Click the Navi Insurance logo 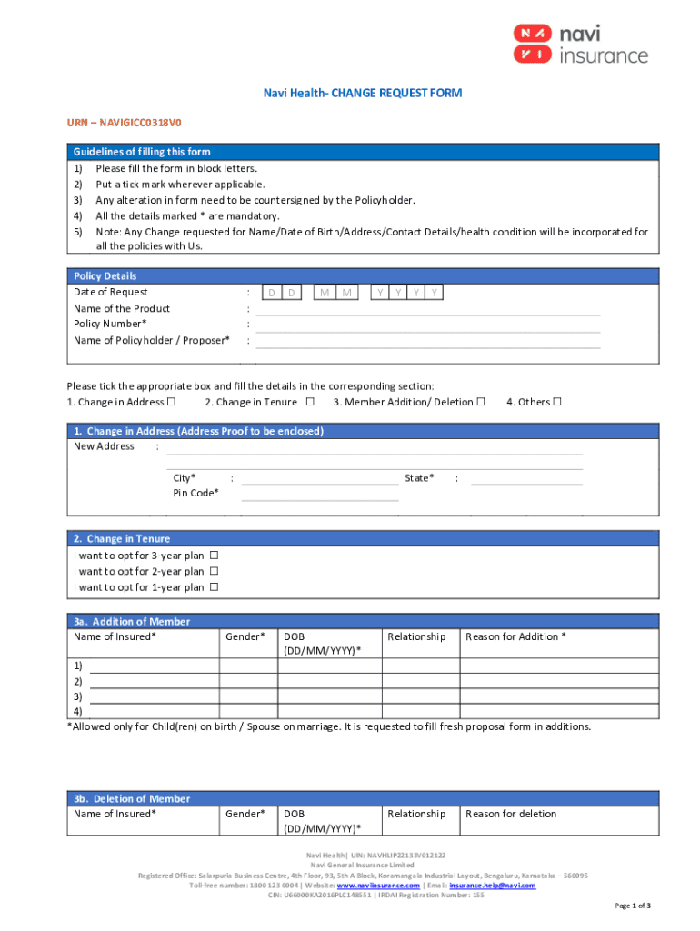pyautogui.click(x=579, y=44)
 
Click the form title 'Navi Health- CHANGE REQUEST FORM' pyautogui.click(x=349, y=94)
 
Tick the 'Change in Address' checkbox pyautogui.click(x=169, y=402)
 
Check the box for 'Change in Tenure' pyautogui.click(x=310, y=402)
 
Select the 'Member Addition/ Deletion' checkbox pyautogui.click(x=481, y=402)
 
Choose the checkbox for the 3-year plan pyautogui.click(x=215, y=556)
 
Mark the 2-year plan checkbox pyautogui.click(x=215, y=572)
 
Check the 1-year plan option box pyautogui.click(x=215, y=587)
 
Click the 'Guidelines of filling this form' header pyautogui.click(x=142, y=152)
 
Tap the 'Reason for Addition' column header pyautogui.click(x=515, y=636)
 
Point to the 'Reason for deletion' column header pyautogui.click(x=511, y=814)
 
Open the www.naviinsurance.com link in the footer pyautogui.click(x=378, y=885)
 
